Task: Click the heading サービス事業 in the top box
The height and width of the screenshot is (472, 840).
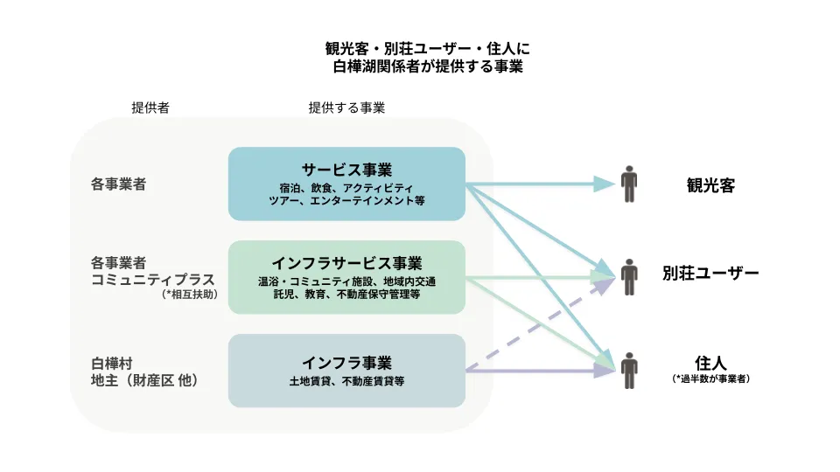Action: tap(346, 170)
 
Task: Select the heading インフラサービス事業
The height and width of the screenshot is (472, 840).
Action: tap(346, 263)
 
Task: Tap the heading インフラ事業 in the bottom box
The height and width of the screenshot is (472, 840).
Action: tap(346, 363)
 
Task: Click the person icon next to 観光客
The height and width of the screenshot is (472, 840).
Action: tap(628, 184)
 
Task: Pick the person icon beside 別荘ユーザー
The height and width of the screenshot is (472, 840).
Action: tap(628, 277)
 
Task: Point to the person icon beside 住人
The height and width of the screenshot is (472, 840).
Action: tap(628, 370)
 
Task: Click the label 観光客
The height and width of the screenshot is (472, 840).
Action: tap(710, 185)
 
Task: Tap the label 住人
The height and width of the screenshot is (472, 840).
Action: tap(710, 361)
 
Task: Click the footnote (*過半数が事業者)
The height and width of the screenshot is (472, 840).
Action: tap(710, 379)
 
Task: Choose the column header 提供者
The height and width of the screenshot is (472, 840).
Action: tap(150, 108)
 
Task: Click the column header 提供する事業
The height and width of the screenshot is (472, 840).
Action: tap(346, 108)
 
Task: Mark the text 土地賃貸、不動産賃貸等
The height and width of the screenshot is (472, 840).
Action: tap(346, 382)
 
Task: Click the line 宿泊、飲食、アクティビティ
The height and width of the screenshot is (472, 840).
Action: tap(346, 187)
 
